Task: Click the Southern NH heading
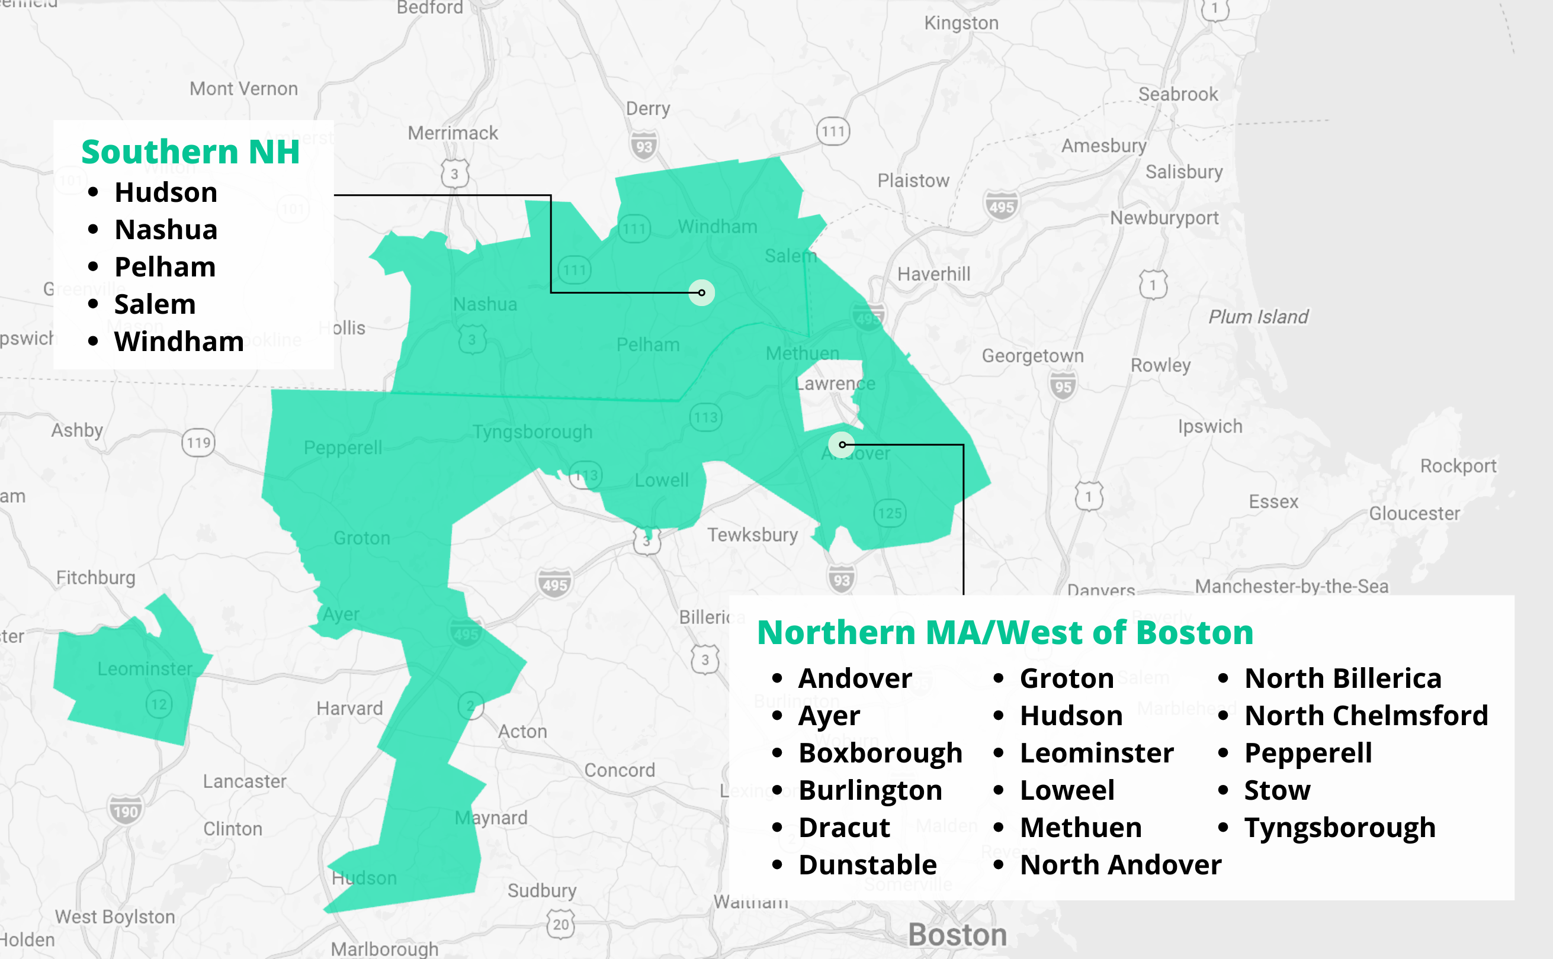click(x=190, y=152)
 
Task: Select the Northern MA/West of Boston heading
click(x=1005, y=633)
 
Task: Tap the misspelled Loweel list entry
click(x=1067, y=790)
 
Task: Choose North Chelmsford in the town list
click(x=1366, y=716)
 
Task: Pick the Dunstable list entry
click(x=867, y=865)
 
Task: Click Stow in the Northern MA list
click(x=1277, y=790)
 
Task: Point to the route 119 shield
click(x=198, y=442)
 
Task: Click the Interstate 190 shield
click(x=126, y=811)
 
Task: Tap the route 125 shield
click(x=890, y=513)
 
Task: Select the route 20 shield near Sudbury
click(x=561, y=924)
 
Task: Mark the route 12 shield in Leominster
click(x=159, y=704)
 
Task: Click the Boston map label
click(x=957, y=935)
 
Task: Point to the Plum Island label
click(x=1258, y=317)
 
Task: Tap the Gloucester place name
click(x=1414, y=513)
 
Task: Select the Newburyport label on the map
click(x=1164, y=218)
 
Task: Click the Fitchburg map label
click(x=96, y=578)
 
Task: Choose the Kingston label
click(x=961, y=24)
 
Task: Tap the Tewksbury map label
click(x=752, y=535)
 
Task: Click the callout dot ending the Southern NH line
click(x=702, y=292)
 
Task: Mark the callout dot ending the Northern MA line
click(x=842, y=445)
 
